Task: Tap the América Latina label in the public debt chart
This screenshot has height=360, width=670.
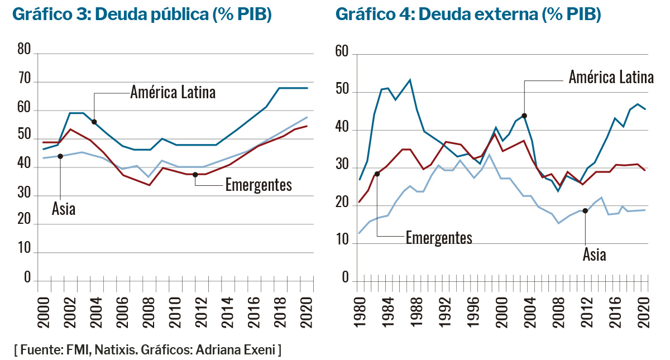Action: tap(173, 92)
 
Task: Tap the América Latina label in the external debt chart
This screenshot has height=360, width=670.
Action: tap(611, 77)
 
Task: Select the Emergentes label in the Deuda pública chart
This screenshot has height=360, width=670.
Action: tap(258, 185)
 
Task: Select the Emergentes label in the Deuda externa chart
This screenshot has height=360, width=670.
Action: tap(439, 237)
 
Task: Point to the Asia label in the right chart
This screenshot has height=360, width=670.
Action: tap(594, 255)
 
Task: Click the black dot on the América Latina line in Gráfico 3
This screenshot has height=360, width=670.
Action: tap(94, 122)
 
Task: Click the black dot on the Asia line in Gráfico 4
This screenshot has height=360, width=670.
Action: tap(585, 210)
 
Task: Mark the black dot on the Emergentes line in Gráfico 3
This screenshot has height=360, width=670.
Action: tap(195, 175)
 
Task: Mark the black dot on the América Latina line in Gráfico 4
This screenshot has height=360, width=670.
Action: tap(524, 116)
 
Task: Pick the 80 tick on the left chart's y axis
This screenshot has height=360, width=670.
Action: tap(24, 50)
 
